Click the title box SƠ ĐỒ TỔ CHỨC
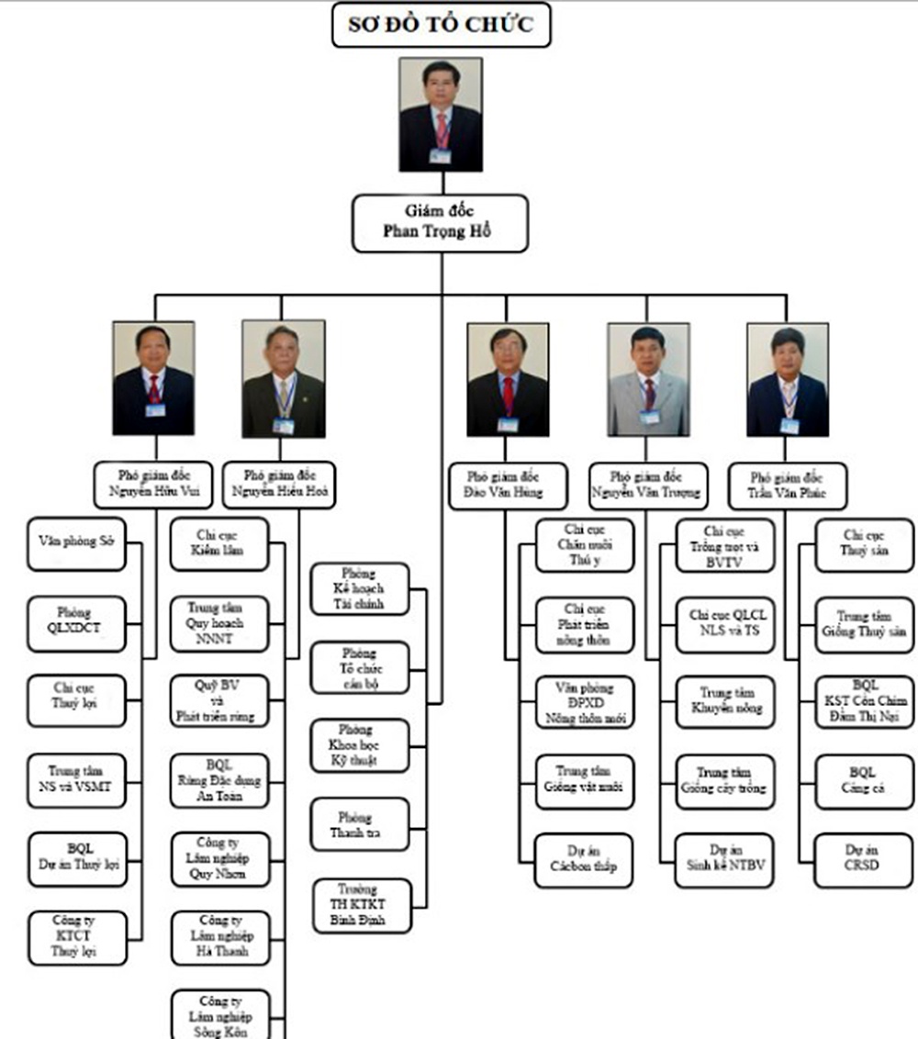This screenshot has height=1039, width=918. pyautogui.click(x=441, y=25)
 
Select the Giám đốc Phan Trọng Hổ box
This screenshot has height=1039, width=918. pyautogui.click(x=441, y=222)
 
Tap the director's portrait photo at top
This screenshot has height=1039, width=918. pyautogui.click(x=441, y=115)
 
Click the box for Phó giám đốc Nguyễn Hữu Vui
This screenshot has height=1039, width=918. pyautogui.click(x=152, y=486)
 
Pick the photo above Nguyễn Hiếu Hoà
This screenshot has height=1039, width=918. pyautogui.click(x=283, y=378)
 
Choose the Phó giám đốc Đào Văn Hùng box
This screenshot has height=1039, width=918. pyautogui.click(x=504, y=486)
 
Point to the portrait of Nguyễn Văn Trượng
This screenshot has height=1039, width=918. pyautogui.click(x=648, y=378)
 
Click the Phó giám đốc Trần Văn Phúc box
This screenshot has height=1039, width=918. pyautogui.click(x=787, y=486)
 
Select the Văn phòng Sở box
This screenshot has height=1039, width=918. pyautogui.click(x=76, y=543)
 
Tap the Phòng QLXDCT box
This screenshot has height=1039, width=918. pyautogui.click(x=76, y=624)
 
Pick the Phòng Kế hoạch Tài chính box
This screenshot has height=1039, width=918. pyautogui.click(x=359, y=588)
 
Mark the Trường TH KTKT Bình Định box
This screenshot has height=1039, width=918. pyautogui.click(x=359, y=905)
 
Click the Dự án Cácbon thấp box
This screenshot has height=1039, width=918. pyautogui.click(x=584, y=859)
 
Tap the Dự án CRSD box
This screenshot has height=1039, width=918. pyautogui.click(x=864, y=859)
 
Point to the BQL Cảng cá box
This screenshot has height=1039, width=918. pyautogui.click(x=864, y=780)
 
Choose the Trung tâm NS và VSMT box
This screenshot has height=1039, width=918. pyautogui.click(x=76, y=780)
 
